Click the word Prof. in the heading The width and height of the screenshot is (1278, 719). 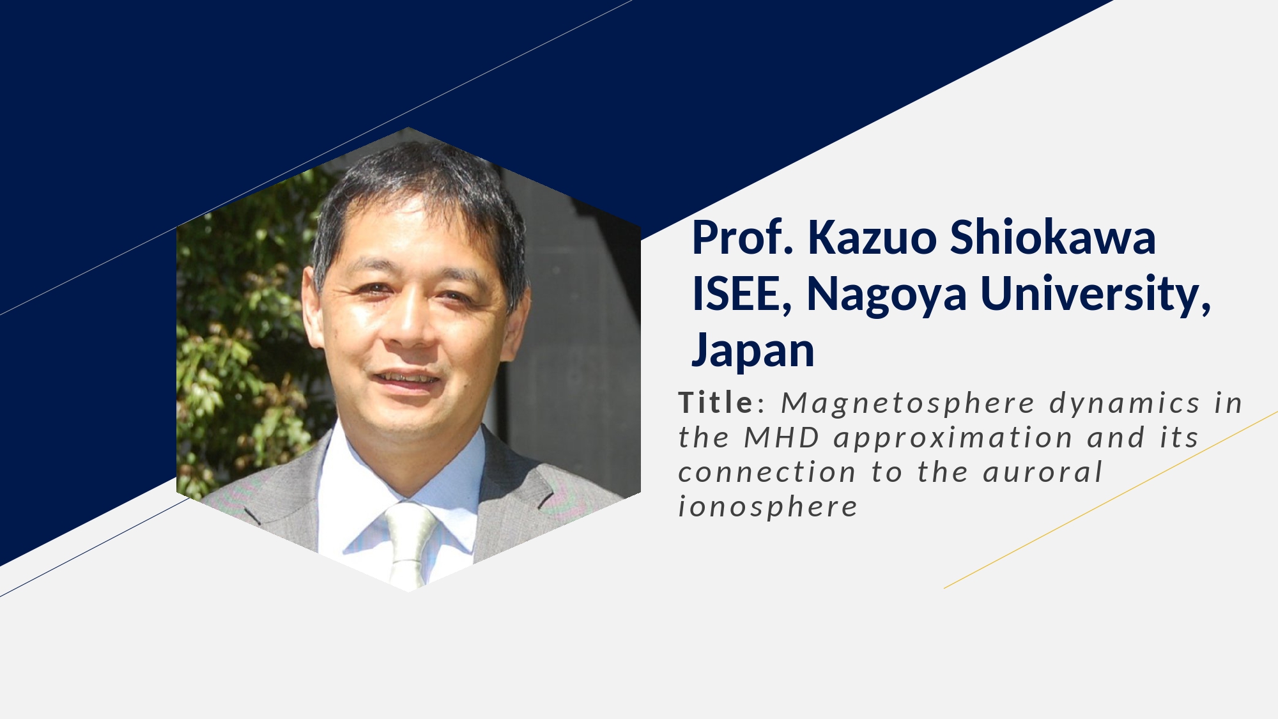point(743,237)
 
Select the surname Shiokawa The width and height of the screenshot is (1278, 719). point(1053,237)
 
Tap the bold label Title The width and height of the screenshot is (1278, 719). point(716,403)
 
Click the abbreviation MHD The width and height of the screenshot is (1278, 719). point(781,438)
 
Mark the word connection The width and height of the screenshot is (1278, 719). point(767,473)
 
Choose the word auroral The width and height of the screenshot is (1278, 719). point(1043,473)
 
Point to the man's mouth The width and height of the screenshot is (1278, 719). point(406,378)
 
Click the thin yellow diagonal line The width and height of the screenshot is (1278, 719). point(1111,500)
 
